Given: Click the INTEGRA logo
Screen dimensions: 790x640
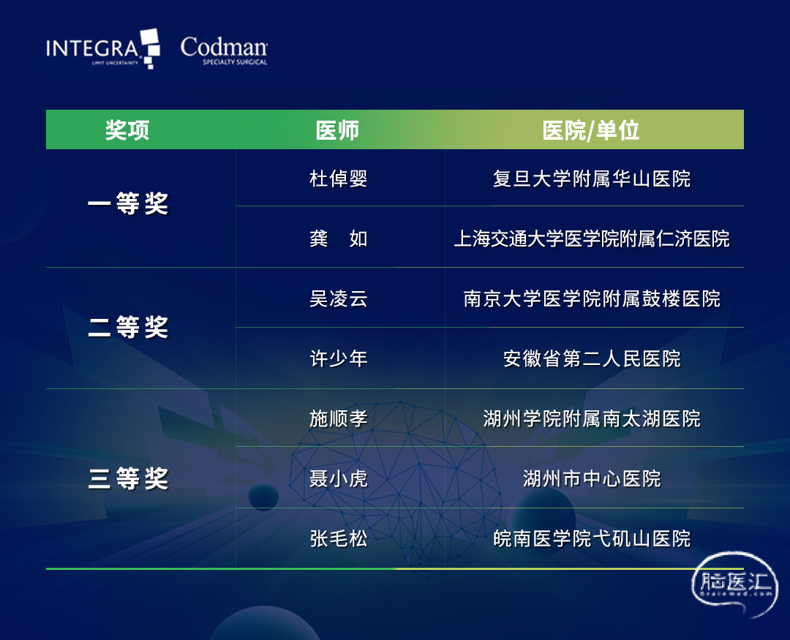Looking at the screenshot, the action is [103, 49].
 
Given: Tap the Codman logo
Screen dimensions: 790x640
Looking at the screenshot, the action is [225, 50].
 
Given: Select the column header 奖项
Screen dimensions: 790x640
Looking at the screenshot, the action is [127, 130].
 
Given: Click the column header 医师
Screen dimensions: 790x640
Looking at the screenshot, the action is [337, 130].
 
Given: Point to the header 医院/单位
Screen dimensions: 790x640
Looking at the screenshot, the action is [591, 130].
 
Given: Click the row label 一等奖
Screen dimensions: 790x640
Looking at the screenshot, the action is [128, 203].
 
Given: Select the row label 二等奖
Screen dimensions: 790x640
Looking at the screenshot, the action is [128, 327].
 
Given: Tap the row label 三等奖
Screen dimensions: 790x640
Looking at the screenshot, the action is [128, 478].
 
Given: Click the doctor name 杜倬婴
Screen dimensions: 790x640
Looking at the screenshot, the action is [339, 178].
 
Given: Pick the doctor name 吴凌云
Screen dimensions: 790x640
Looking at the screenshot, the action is [339, 299].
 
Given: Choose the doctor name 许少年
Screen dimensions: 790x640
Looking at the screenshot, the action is [339, 359].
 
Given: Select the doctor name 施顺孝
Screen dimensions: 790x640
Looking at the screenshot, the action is [339, 418].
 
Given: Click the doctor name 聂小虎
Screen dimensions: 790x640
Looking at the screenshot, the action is [339, 478].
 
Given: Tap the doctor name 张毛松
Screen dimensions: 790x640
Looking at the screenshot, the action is [339, 538].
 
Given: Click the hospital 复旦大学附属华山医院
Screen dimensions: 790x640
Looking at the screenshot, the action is [592, 178].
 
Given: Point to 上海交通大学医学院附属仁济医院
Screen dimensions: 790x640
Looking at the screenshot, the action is [592, 238].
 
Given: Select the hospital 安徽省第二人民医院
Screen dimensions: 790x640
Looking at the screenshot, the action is [592, 359].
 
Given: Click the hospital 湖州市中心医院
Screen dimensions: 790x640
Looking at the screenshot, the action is [592, 478].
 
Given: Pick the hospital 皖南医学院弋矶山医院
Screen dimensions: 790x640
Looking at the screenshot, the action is [592, 538].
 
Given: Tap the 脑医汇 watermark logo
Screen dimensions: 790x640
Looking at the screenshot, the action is [735, 584].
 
